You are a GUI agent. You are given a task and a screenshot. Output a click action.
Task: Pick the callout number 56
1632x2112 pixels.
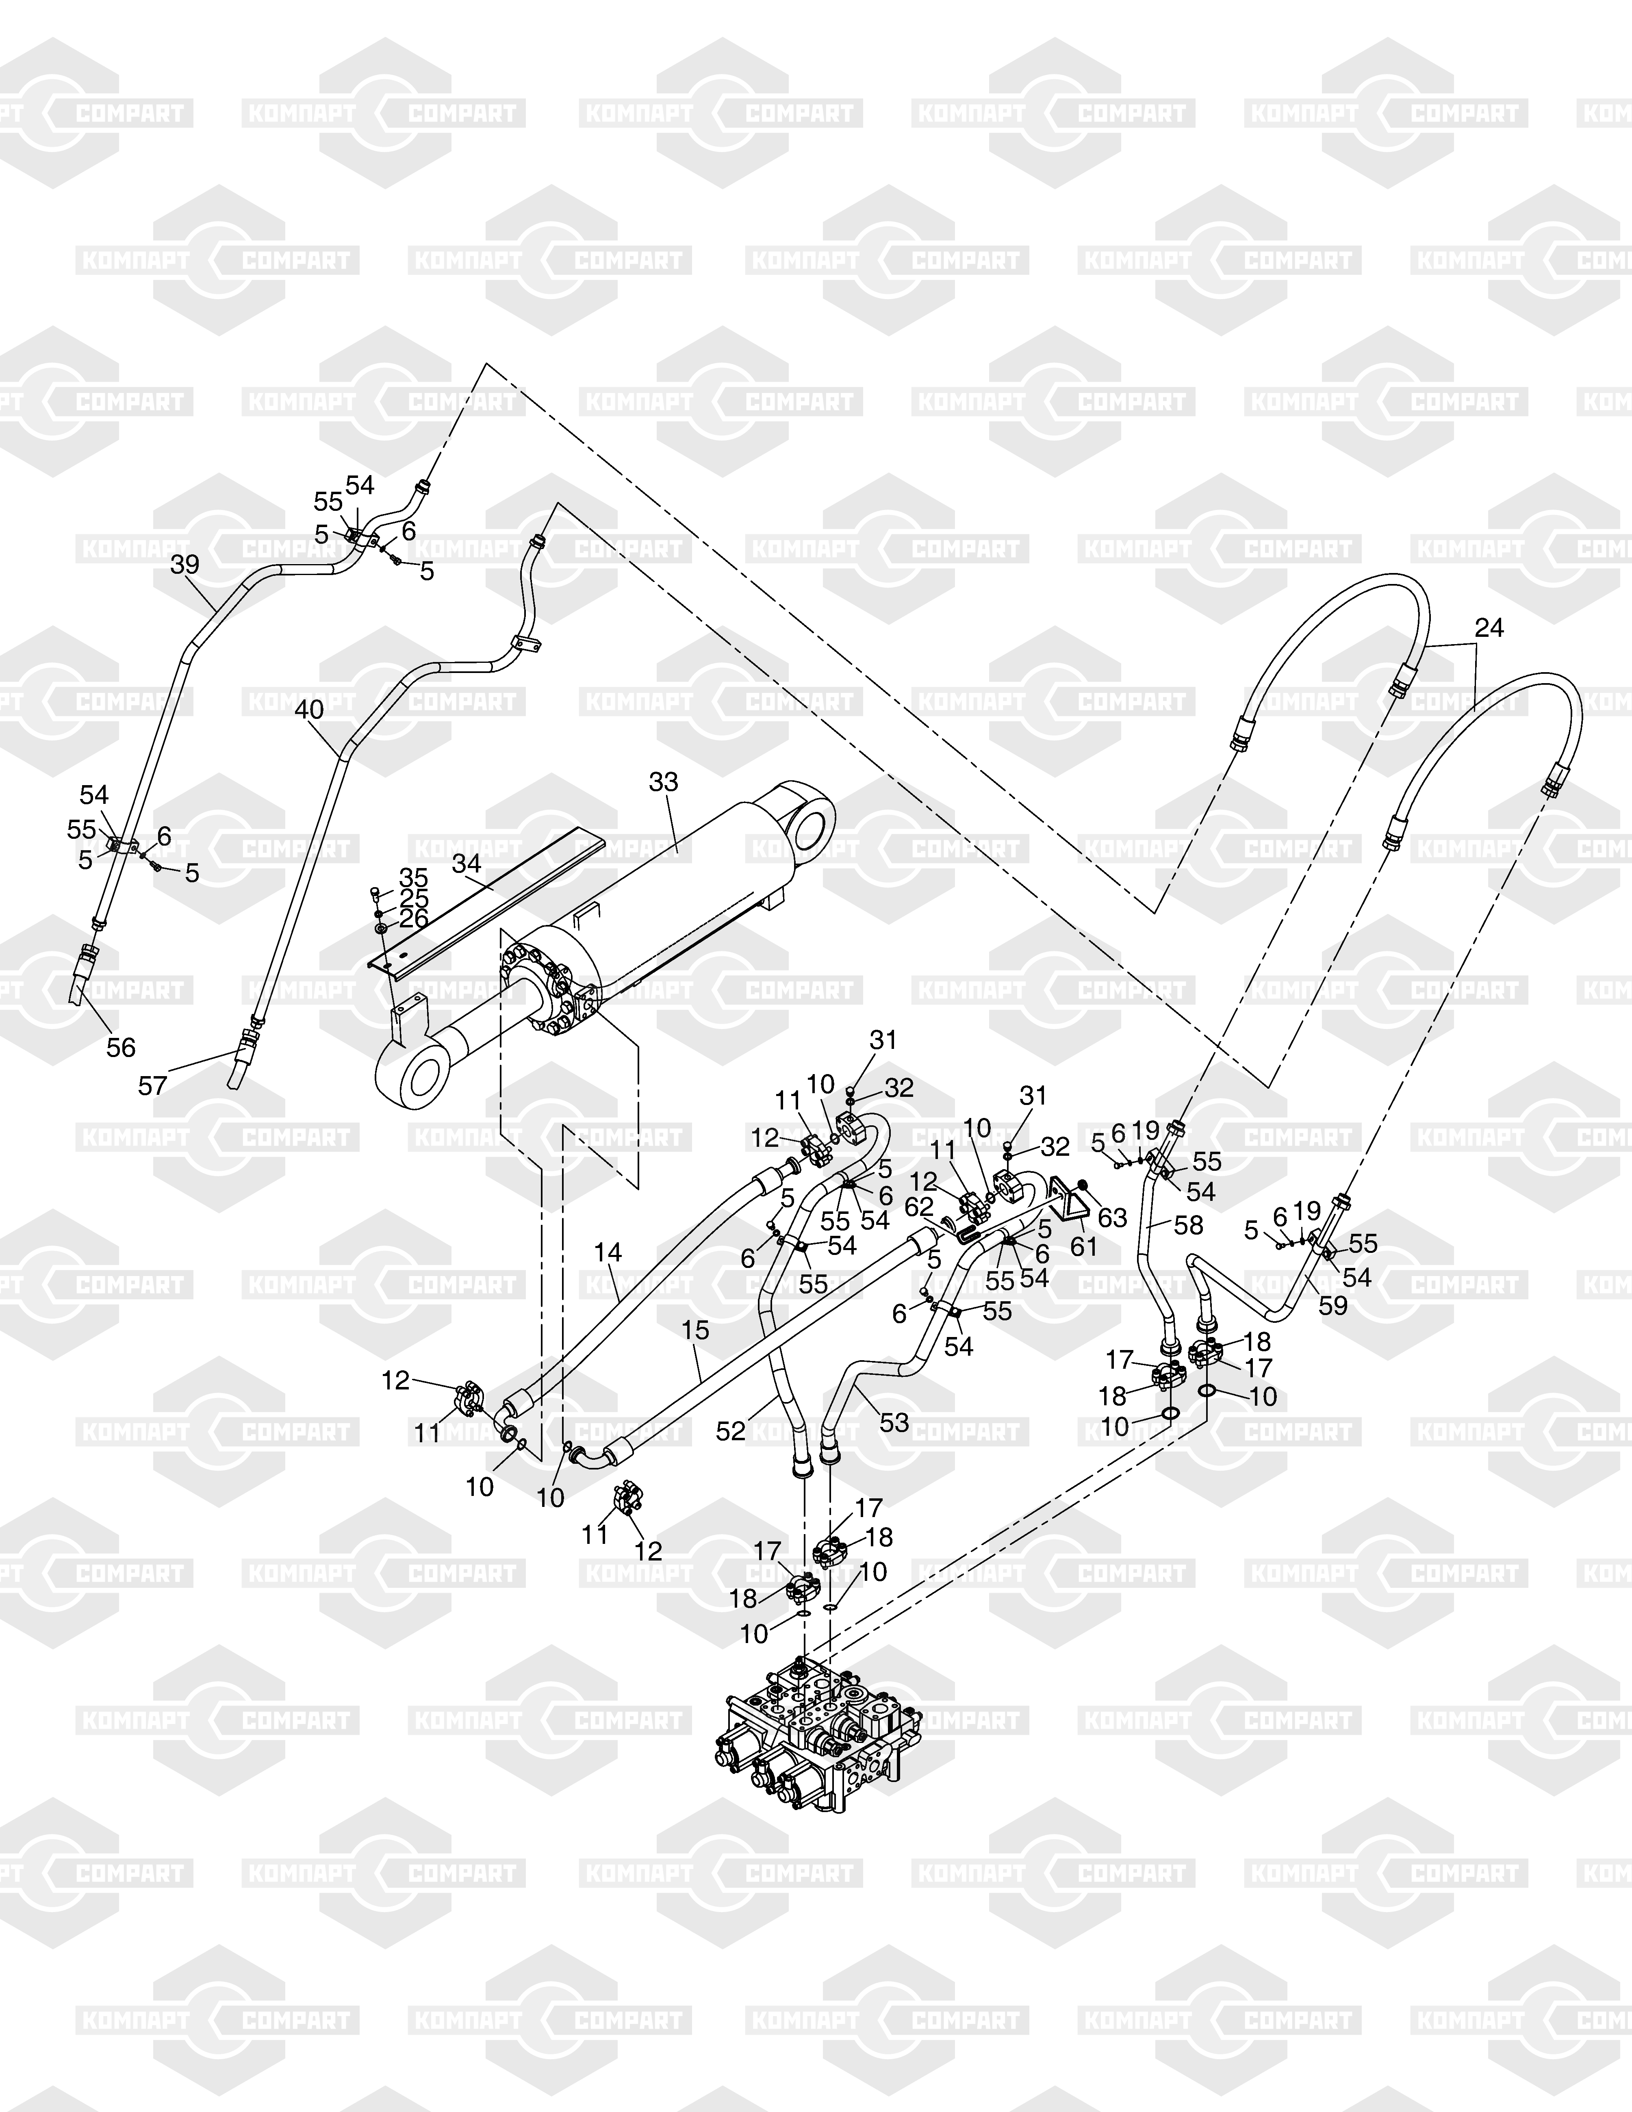click(121, 1047)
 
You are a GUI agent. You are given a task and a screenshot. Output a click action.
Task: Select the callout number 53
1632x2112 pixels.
click(894, 1422)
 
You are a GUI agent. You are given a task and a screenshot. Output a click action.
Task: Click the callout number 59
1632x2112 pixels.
click(1333, 1305)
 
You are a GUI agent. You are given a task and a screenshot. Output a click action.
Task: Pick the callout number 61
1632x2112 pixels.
click(1084, 1248)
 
